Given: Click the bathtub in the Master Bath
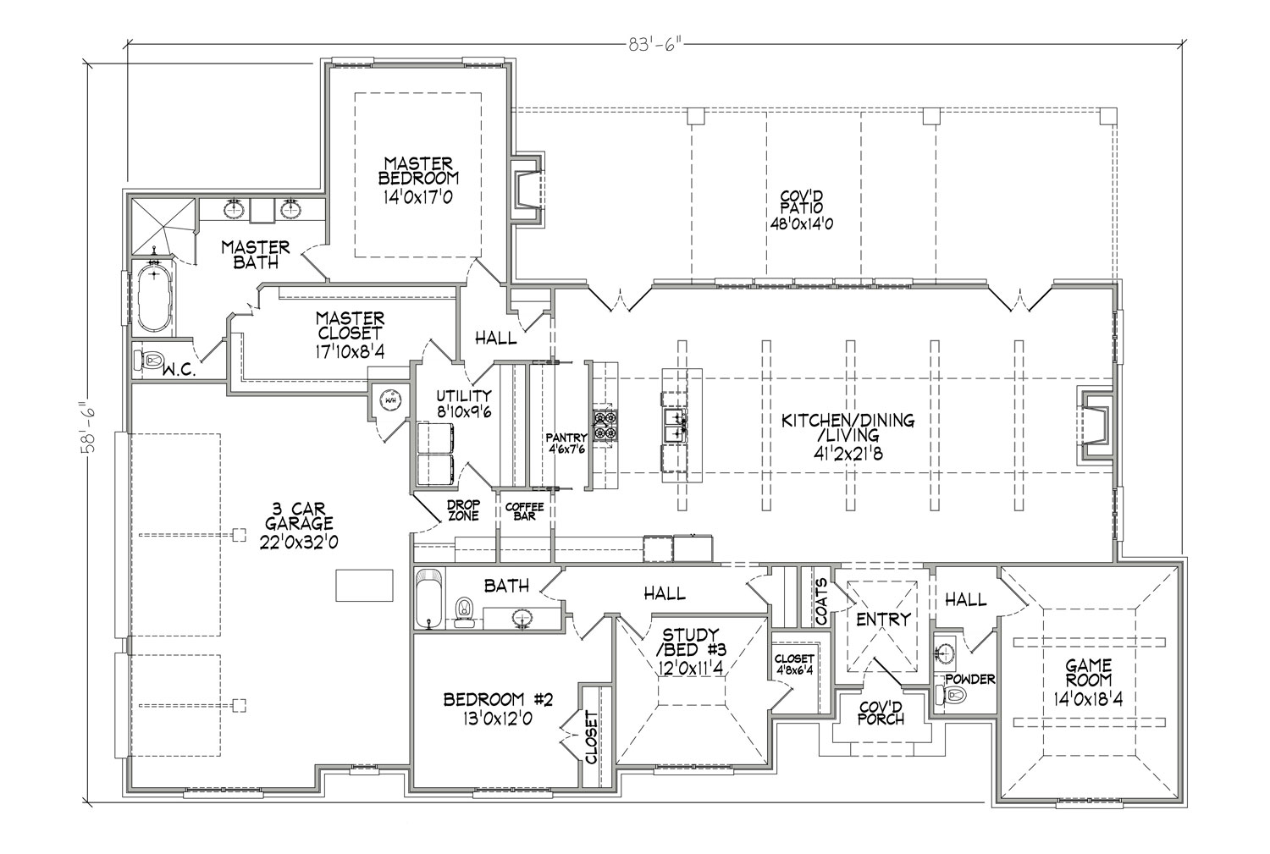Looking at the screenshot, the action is pos(153,298).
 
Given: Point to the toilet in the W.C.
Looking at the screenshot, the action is pos(148,359).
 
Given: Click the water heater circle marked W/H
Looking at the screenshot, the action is pos(390,400).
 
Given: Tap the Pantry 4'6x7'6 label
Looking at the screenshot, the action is pos(566,443).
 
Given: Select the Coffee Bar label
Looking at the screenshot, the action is pos(524,511).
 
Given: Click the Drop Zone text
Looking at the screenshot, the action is pos(463,510).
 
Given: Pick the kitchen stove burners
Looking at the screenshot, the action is pos(605,426).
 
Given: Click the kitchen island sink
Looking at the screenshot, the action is pos(676,426).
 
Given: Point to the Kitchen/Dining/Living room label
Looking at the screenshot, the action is pos(848,437).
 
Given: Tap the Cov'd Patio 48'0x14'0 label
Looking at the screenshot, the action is pos(801,209).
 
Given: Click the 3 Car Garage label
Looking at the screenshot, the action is pos(299,525).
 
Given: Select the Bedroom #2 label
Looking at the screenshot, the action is pos(497,709).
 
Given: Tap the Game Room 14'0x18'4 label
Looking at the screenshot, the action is pos(1088,681).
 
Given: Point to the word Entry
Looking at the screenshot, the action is pos(883,620).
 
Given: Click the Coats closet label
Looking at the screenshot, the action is pos(822,601).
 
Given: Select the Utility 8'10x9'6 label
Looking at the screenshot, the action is pos(464,404).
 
